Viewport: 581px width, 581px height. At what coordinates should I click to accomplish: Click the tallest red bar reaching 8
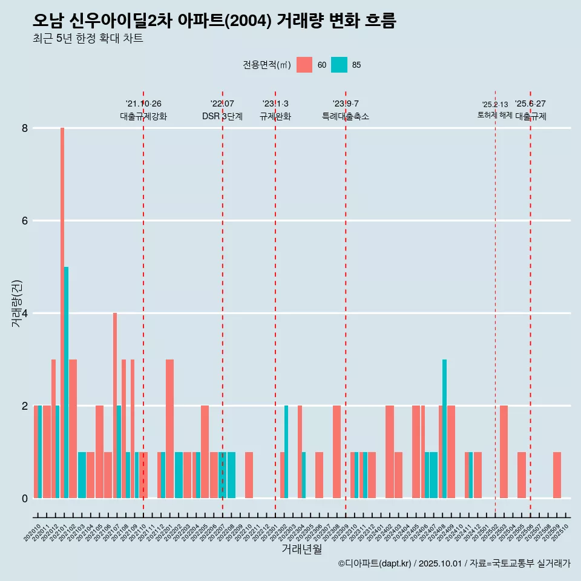[62, 313]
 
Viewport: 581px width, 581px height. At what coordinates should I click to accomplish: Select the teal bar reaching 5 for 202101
[67, 382]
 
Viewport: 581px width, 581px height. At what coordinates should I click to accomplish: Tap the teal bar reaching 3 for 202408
[444, 428]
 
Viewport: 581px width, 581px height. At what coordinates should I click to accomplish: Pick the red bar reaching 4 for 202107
[115, 405]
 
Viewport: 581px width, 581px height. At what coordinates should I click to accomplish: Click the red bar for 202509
[557, 475]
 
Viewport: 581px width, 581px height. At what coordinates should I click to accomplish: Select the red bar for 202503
[504, 451]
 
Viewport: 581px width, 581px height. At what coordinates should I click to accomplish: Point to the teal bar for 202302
[286, 451]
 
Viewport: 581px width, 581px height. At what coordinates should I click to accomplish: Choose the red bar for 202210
[249, 475]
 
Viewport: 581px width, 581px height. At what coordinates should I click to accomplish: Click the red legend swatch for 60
[304, 65]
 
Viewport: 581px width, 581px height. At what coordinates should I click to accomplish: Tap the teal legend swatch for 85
[340, 65]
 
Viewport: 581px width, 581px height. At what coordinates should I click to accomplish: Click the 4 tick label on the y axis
[25, 313]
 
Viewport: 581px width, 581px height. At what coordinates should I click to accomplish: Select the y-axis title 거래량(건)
[17, 303]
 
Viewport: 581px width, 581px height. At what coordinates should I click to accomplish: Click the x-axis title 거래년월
[301, 549]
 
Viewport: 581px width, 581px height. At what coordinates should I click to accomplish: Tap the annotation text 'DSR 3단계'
[222, 116]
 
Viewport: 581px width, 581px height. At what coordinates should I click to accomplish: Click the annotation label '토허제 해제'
[495, 115]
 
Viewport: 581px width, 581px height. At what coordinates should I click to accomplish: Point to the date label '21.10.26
[143, 104]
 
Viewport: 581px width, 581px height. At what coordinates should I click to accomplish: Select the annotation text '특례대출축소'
[346, 116]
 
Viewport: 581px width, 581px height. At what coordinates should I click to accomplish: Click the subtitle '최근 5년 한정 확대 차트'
[88, 39]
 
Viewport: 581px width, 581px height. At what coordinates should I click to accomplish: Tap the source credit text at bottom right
[454, 563]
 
